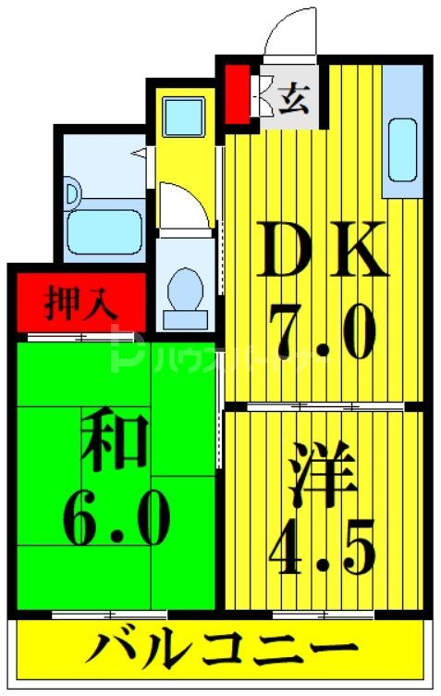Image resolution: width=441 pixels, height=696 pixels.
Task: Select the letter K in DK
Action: pos(354,249)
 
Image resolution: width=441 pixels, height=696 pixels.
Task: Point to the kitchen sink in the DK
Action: pos(401,149)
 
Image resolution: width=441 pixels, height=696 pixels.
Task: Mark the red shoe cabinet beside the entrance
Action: pos(238,92)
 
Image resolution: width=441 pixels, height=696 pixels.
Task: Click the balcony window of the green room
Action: pos(110,615)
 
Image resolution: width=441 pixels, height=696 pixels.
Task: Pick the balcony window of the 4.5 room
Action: pos(310,614)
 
